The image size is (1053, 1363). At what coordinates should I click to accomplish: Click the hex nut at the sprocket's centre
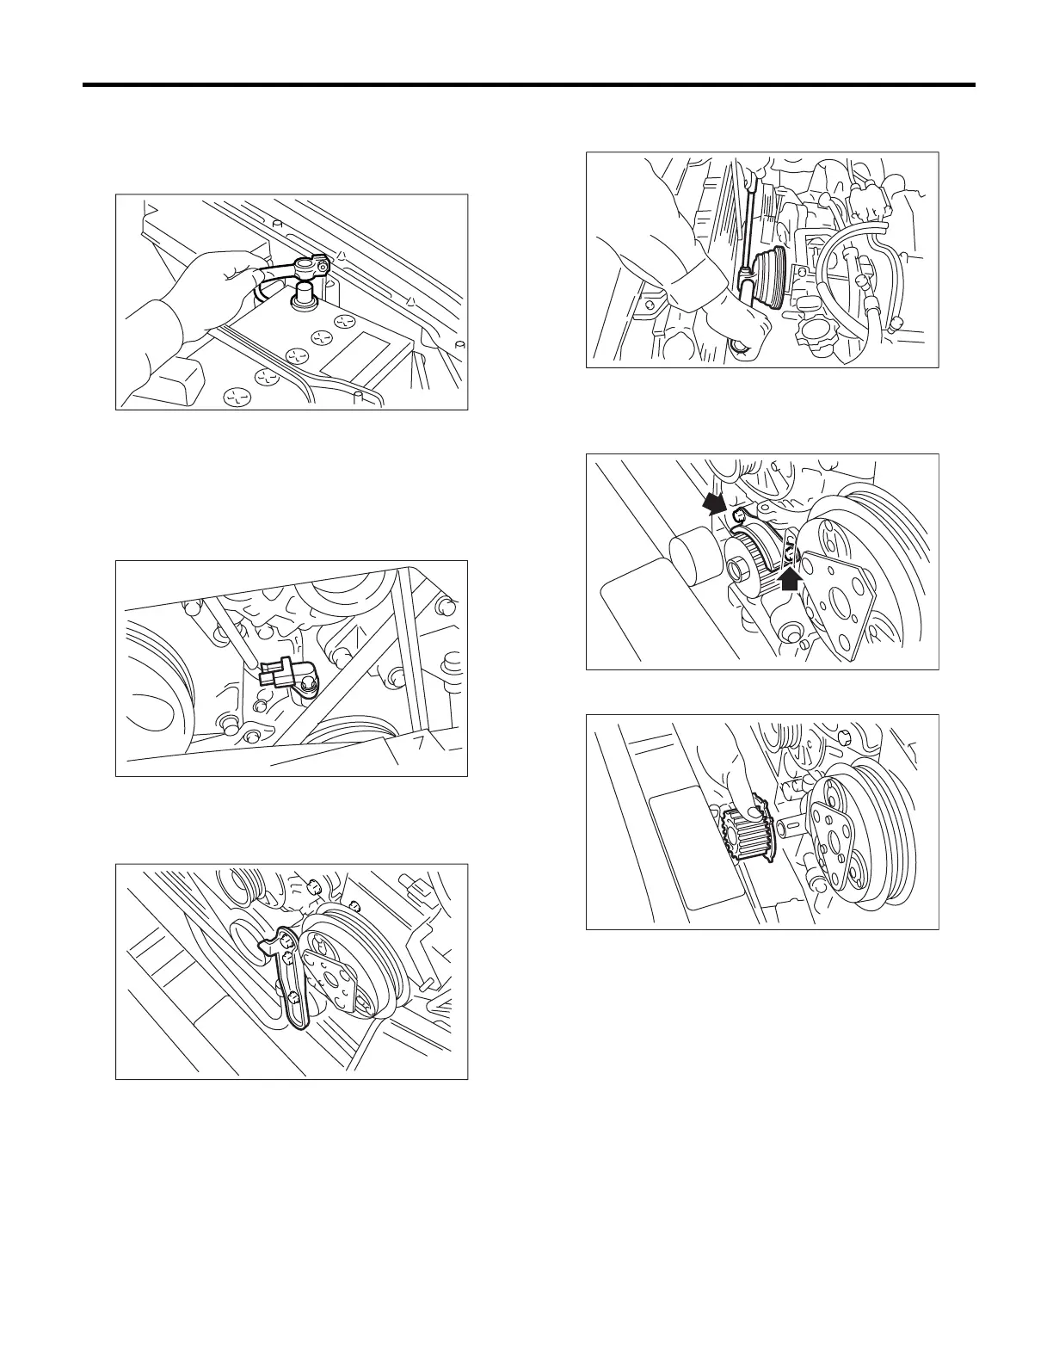737,570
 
